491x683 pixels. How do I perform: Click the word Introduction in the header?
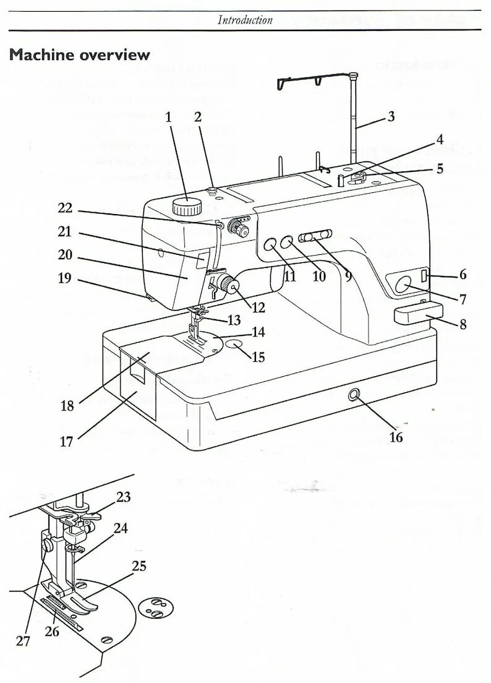pos(245,20)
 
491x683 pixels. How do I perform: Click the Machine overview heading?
pos(80,54)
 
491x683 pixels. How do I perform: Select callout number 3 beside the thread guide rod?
pos(390,116)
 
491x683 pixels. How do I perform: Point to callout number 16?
pos(396,437)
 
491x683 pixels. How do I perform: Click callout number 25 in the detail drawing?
pos(139,566)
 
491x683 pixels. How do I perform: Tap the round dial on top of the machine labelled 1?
pos(187,206)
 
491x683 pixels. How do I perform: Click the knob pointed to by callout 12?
pos(231,285)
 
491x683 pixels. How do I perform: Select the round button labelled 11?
pos(270,245)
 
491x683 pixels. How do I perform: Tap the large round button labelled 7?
pos(403,285)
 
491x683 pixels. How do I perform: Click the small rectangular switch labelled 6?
pos(424,275)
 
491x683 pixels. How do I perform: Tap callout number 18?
pos(67,406)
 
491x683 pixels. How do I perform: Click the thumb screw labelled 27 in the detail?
pos(46,544)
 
